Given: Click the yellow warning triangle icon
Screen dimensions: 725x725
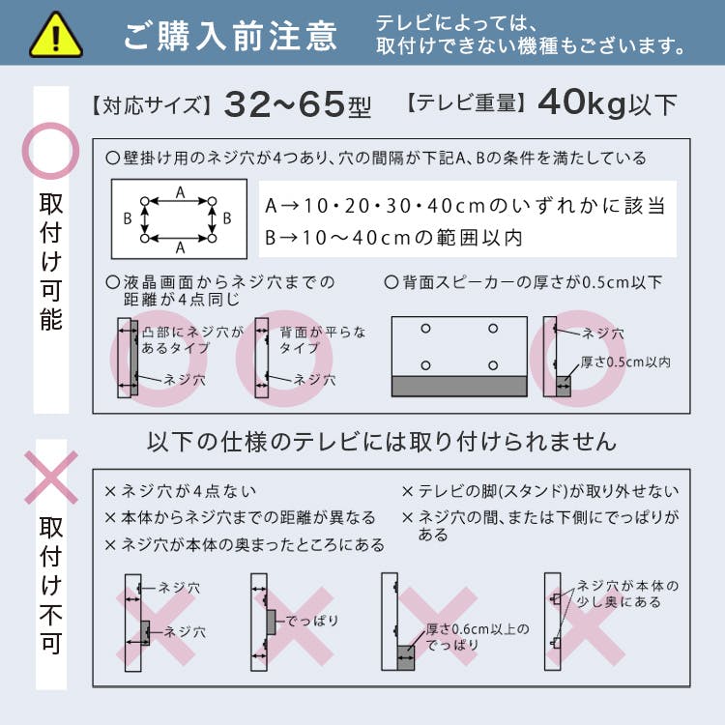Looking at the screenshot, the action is coord(56,35).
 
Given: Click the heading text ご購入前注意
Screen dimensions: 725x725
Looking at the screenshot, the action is coord(230,36).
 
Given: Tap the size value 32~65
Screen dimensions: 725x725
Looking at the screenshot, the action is coord(284,104).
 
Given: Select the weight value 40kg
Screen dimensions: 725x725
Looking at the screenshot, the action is coord(582,103).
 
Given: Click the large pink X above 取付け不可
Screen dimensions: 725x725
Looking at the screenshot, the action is coord(51,478).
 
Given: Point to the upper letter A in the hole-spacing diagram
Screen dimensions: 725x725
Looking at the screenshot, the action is coord(181,192).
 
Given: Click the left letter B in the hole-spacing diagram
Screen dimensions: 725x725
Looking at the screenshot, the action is coord(128,218).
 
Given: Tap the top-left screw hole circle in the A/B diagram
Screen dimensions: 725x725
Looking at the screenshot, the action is coord(145,201).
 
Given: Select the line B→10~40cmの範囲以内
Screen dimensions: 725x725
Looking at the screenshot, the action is coord(393,238).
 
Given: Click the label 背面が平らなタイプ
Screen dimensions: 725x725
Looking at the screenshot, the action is coord(322,340).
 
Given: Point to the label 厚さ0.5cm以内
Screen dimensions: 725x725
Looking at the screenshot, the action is coord(625,362).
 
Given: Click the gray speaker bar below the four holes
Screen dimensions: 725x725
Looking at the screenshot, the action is coord(459,386).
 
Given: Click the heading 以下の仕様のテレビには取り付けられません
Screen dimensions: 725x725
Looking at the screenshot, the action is coord(382,442).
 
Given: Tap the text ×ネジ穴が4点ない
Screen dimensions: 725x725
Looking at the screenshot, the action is coord(181,491).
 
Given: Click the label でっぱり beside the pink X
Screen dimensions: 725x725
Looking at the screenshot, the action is coord(312,621).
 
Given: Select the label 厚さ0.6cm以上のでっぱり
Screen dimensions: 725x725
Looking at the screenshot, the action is coord(478,637).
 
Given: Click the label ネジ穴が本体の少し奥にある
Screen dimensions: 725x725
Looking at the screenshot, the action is coord(627,594).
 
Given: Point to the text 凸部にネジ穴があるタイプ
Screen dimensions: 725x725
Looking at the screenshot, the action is coord(192,340).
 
